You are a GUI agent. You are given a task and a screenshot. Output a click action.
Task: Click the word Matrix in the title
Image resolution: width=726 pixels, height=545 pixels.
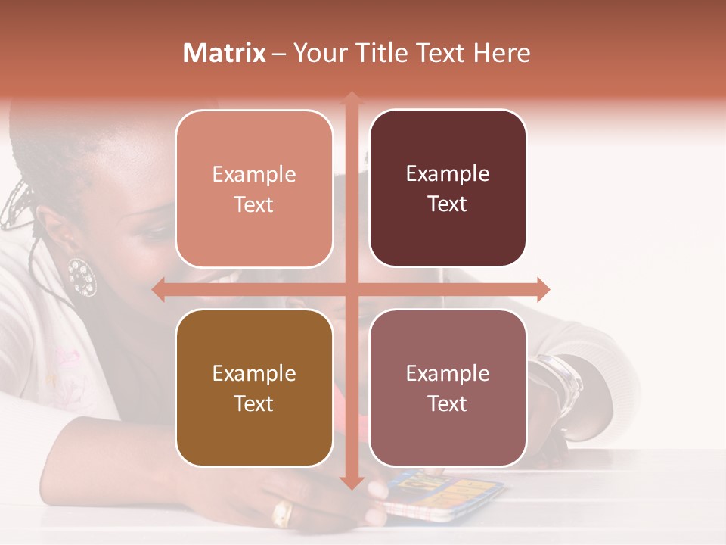click(225, 53)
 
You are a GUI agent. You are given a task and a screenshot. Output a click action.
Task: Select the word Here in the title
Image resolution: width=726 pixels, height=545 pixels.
click(502, 53)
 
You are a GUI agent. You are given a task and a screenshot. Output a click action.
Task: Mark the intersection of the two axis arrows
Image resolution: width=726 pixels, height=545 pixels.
click(351, 289)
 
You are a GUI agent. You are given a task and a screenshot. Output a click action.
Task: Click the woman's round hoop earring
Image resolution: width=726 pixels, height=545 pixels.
click(82, 276)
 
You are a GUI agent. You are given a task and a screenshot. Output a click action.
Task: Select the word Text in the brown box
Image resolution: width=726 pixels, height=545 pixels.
click(254, 403)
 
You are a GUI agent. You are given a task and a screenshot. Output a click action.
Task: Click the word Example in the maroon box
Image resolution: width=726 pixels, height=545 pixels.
click(448, 173)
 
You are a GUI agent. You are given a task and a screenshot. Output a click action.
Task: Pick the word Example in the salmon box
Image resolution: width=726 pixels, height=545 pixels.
click(254, 174)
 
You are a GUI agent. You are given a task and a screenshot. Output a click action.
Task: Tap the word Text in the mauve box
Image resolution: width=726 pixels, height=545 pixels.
click(448, 403)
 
